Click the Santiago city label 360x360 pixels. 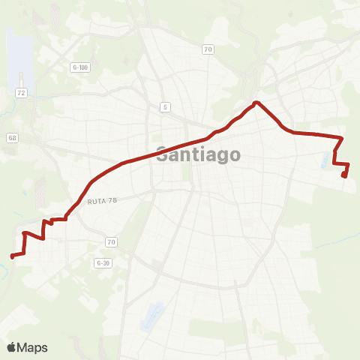point(199,155)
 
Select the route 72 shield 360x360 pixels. point(21,91)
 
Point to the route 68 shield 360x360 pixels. point(12,138)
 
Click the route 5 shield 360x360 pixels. point(164,107)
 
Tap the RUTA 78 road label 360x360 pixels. point(103,200)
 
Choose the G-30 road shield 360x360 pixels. point(103,263)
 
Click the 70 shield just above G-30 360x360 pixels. point(111,241)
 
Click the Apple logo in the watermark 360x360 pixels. point(12,347)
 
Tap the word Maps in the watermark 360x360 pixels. point(33,347)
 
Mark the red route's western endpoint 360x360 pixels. point(12,256)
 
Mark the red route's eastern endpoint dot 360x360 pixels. point(343,175)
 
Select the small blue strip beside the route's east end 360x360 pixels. point(334,158)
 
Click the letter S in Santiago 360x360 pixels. point(163,155)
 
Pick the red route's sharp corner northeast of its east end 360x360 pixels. point(342,138)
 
